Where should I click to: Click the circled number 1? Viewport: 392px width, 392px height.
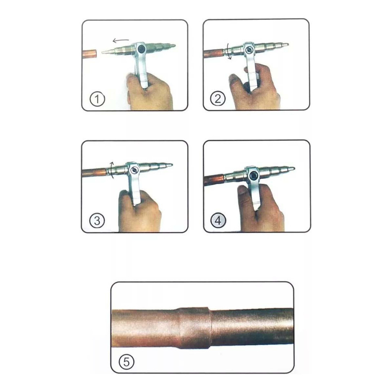pos(97,99)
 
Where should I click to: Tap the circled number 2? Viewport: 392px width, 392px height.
pos(218,98)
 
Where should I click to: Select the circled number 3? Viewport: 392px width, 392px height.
pos(97,220)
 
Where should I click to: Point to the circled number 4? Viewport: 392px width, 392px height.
pos(218,220)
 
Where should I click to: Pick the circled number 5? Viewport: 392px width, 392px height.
pos(126,362)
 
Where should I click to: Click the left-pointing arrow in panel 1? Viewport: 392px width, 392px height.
pos(121,40)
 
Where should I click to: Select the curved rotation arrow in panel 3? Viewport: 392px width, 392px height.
pos(112,170)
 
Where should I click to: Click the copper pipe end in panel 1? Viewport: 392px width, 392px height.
pos(89,54)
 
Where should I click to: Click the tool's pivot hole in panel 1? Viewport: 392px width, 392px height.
pos(141,48)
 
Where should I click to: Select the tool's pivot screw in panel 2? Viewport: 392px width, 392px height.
pos(249,50)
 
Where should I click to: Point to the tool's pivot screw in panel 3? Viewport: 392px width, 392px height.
pos(134,170)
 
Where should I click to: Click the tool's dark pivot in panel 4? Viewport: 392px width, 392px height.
pos(254,175)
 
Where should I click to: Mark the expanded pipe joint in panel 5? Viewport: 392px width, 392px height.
pos(194,328)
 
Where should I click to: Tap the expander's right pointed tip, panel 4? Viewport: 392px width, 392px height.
pos(294,169)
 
